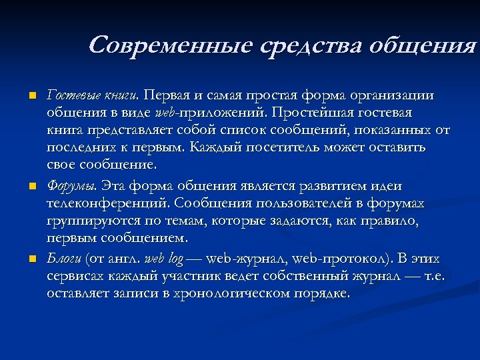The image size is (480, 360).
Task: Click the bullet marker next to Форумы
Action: click(x=31, y=185)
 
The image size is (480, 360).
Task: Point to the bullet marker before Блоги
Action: click(x=31, y=259)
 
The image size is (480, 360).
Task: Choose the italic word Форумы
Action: click(x=65, y=185)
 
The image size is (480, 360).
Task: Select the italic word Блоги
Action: click(x=63, y=258)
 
